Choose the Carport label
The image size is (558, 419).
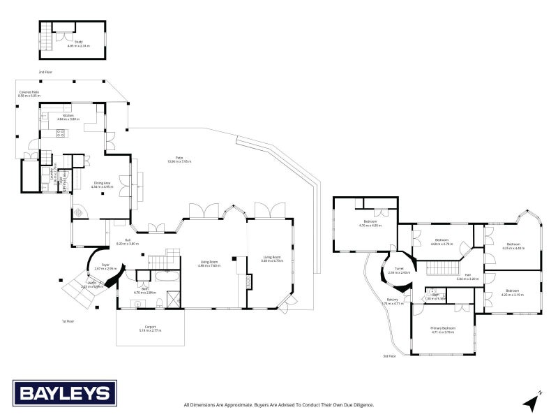[x=150, y=328]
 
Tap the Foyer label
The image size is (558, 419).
[x=105, y=266]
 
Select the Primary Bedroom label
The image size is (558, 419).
[x=443, y=330]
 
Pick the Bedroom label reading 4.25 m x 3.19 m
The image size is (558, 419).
[x=513, y=292]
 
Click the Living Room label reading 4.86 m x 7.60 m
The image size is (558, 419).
[x=209, y=264]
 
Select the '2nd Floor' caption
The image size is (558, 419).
[x=45, y=72]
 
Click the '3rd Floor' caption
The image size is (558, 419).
[x=389, y=356]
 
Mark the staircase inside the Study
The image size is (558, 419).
[x=47, y=35]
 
